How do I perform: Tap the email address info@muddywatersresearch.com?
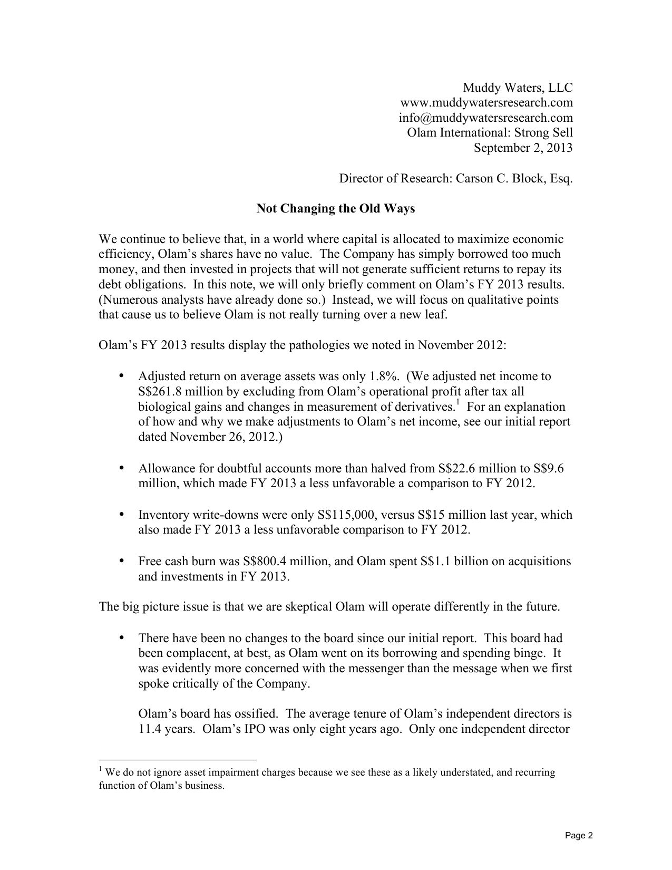485,118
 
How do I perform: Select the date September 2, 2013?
523,148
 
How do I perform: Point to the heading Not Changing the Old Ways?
336,209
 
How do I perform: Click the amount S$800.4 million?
286,561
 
